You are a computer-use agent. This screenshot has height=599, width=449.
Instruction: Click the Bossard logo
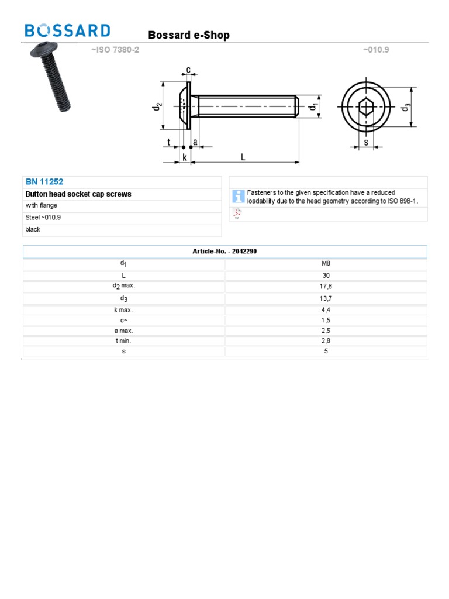point(67,30)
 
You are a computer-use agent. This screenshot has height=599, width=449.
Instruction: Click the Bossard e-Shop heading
point(189,35)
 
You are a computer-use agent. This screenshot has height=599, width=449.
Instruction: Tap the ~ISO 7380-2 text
point(115,50)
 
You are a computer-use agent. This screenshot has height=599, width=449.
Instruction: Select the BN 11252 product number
point(44,182)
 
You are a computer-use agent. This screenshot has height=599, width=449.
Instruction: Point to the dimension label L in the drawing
point(243,157)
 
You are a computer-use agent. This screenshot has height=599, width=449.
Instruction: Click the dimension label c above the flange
point(188,70)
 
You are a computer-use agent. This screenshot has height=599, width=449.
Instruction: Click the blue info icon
point(238,197)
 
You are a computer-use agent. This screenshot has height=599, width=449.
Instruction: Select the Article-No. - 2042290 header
point(225,251)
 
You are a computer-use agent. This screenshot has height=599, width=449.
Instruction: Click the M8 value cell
point(326,263)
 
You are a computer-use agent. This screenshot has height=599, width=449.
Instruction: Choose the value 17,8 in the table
point(326,287)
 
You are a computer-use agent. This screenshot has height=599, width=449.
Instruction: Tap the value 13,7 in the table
point(326,298)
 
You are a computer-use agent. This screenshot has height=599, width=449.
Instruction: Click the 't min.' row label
point(124,340)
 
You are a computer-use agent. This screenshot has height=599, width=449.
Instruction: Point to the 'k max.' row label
point(124,310)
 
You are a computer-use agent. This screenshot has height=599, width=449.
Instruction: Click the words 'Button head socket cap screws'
point(78,194)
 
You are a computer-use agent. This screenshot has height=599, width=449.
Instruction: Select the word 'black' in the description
point(33,229)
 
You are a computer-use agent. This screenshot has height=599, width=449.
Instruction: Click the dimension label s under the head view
point(366,142)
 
